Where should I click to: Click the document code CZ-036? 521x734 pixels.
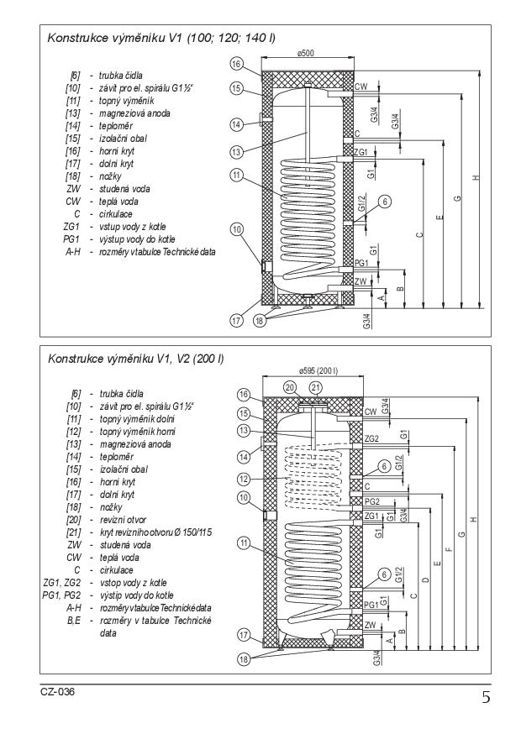57,692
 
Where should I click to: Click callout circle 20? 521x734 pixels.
292,387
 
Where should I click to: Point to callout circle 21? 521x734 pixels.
316,387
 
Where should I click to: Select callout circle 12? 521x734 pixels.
243,479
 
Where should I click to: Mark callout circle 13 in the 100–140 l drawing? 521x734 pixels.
238,151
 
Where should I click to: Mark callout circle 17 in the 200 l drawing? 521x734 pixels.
243,635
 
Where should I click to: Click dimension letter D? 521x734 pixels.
426,579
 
